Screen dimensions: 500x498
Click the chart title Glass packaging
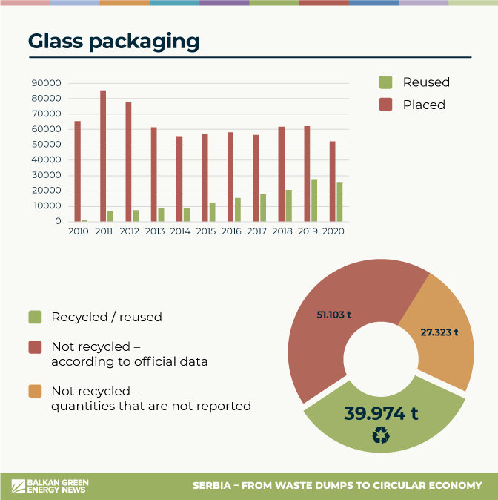[113, 41]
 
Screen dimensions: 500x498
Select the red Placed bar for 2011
[103, 156]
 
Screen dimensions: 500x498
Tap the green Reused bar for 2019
[314, 200]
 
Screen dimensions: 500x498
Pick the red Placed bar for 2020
[332, 181]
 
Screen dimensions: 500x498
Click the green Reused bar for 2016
[238, 209]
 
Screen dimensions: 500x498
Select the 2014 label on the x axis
[180, 231]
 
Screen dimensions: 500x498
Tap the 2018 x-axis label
[282, 231]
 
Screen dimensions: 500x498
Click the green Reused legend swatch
[385, 82]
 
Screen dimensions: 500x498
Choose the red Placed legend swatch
[385, 105]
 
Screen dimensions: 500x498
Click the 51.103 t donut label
[333, 315]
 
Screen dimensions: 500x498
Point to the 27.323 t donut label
[439, 332]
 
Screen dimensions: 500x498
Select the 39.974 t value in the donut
[380, 413]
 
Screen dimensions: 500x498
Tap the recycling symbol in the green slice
[380, 437]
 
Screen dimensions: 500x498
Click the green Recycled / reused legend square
[35, 317]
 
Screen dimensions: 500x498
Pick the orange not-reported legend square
[35, 391]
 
